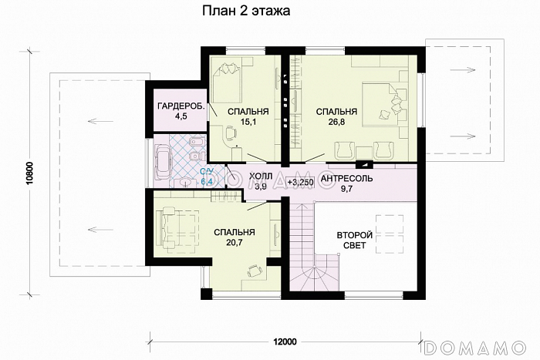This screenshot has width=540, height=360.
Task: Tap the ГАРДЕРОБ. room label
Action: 181,106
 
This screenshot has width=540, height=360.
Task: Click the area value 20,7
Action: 235,243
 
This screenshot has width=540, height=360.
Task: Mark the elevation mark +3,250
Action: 300,183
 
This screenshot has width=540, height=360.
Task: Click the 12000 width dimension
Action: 285,341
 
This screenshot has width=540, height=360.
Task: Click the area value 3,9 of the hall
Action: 261,187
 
